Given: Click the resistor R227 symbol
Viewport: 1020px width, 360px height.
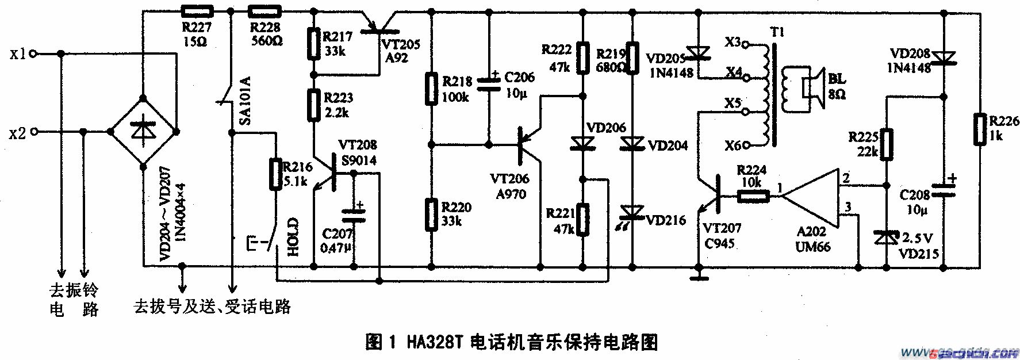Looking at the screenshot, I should (197, 10).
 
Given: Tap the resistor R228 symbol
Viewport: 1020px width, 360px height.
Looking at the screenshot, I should (265, 10).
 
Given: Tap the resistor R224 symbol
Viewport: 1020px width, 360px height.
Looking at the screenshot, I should (753, 197).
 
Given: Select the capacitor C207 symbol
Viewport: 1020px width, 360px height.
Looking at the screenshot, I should (354, 216).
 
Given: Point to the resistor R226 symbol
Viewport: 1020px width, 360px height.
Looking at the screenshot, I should (979, 129).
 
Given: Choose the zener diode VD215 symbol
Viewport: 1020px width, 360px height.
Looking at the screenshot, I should (886, 236).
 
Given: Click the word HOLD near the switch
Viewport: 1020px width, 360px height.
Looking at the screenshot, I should (293, 236).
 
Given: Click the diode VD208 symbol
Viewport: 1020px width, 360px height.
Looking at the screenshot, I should (944, 58).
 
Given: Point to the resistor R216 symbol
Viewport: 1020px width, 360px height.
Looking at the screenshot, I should (275, 173).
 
